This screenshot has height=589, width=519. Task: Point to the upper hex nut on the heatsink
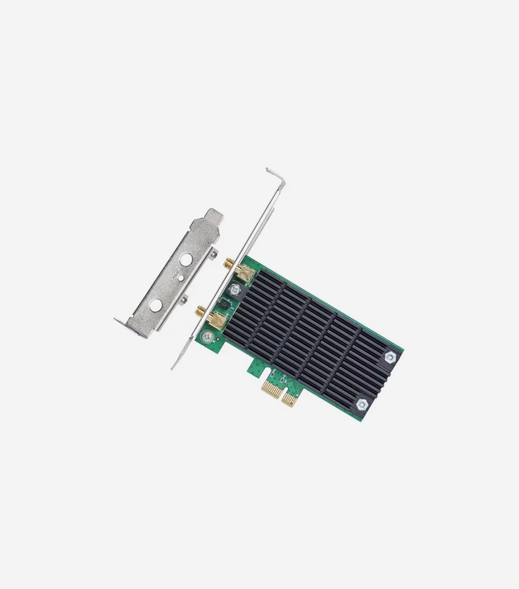coord(390,356)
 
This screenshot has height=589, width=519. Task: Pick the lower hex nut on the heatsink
coord(362,403)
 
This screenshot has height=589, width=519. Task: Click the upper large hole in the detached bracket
coord(185,261)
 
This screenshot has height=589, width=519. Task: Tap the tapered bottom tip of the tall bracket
coord(175,366)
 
